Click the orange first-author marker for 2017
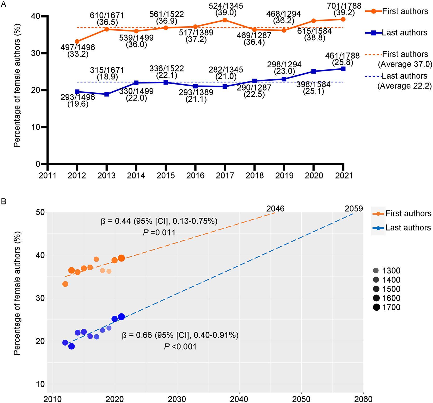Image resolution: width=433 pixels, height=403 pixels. point(225,20)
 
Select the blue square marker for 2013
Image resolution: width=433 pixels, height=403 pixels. point(106,94)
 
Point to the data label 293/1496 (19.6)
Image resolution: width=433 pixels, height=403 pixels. point(78,100)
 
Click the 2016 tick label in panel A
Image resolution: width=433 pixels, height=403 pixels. point(195,175)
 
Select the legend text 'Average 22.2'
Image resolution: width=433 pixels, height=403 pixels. point(405,86)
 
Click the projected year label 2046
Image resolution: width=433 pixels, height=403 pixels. point(275,209)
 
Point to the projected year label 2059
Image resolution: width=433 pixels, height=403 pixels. point(354,209)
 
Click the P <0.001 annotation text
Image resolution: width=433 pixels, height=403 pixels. point(180,347)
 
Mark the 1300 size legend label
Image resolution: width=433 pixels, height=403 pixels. point(391,271)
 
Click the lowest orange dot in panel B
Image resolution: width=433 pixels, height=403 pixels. point(65,284)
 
